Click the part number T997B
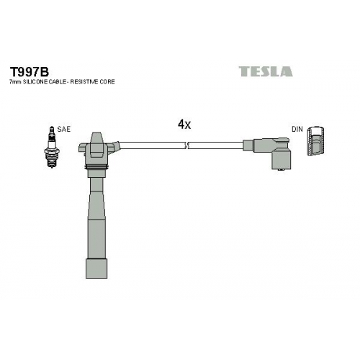point(30,71)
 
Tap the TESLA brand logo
point(266,71)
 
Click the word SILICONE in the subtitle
point(35,82)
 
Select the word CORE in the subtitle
point(107,82)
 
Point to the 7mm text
point(15,82)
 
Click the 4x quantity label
point(184,125)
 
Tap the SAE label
point(63,129)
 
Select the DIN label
point(297,129)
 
